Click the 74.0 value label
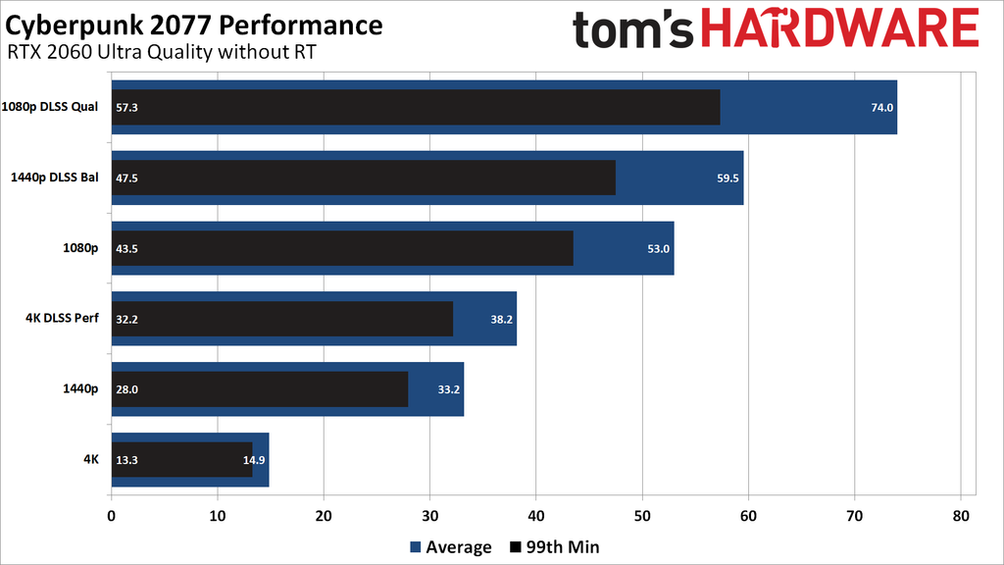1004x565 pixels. tap(882, 107)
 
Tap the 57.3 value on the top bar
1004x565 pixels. tap(126, 107)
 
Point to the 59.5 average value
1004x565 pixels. tap(728, 178)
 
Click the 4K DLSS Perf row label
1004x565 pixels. tap(61, 319)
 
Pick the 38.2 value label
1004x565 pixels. tap(501, 319)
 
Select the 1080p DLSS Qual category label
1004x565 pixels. tap(50, 107)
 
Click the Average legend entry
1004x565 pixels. tap(450, 547)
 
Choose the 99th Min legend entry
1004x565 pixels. tap(555, 547)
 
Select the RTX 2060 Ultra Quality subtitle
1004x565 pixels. tap(162, 51)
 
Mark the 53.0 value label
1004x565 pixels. tap(658, 248)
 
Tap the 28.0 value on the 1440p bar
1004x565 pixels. tap(126, 389)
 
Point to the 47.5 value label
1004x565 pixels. tap(126, 178)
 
